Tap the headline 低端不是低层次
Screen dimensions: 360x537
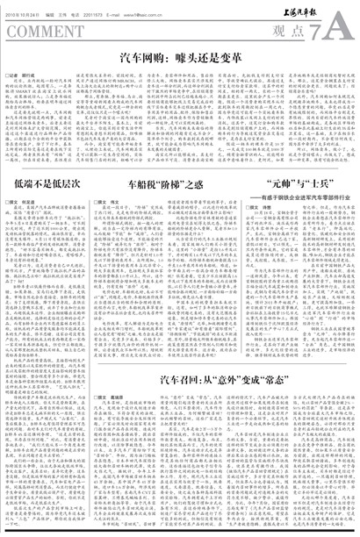point(50,185)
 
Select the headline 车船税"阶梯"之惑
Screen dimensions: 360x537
point(167,185)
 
